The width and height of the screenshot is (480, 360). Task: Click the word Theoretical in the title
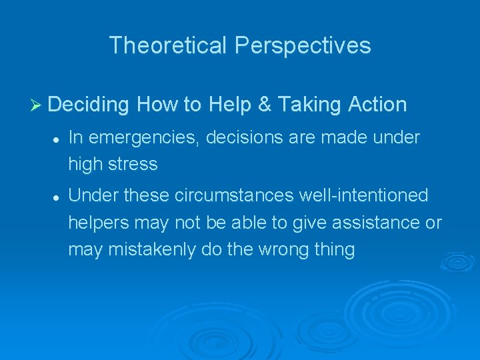(168, 45)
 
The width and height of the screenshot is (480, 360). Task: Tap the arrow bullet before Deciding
(37, 105)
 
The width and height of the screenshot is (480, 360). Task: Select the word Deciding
(89, 105)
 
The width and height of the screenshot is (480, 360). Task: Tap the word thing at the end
(336, 249)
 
